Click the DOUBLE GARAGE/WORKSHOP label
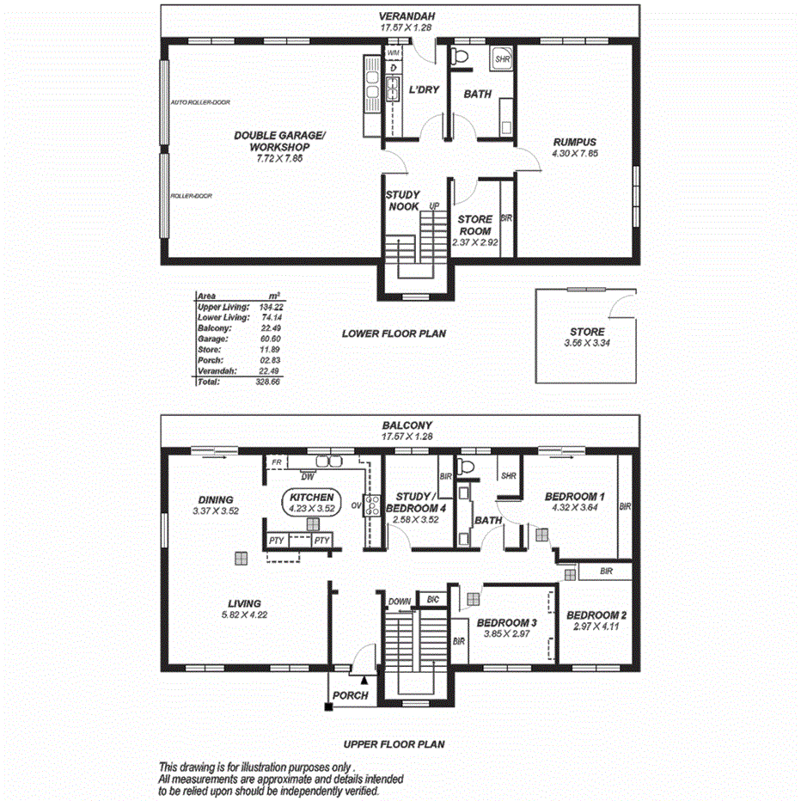pos(280,141)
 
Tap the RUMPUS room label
pos(575,143)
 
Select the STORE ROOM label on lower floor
pos(474,225)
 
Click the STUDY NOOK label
pos(402,201)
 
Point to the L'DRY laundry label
pos(425,90)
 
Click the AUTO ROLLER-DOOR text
pos(200,102)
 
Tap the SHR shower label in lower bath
pos(503,60)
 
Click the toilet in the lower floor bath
pos(461,57)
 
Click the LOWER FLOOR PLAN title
pos(394,333)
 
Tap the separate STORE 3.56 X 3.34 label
pos(587,332)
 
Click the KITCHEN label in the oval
pos(311,498)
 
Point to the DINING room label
pos(215,499)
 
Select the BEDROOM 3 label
pos(507,622)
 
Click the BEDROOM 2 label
pos(596,615)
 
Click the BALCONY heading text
pos(407,425)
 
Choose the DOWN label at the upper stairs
pos(399,602)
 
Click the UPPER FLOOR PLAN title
pos(394,744)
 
